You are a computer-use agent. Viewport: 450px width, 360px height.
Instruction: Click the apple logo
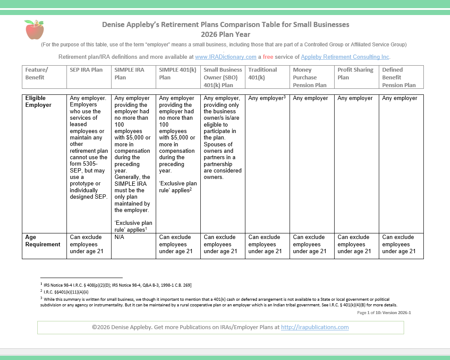tap(35, 30)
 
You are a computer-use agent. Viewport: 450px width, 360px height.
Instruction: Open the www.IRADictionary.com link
tap(226, 57)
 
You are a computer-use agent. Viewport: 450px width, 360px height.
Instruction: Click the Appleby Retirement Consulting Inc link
tap(345, 57)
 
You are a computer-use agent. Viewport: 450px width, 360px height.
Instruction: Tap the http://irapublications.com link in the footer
tap(314, 327)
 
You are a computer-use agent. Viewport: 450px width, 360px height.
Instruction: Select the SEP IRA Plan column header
tap(86, 70)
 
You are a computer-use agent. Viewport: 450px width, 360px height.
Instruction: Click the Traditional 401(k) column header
tap(263, 73)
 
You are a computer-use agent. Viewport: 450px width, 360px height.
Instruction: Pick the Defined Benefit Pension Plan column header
tap(399, 77)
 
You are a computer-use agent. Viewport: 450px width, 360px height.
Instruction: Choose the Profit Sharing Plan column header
tap(355, 73)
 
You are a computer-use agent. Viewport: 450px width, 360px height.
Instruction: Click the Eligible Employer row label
tap(39, 102)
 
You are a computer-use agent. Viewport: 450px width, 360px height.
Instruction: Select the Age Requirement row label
tap(43, 241)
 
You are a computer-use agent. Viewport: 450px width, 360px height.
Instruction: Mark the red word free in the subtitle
tap(268, 57)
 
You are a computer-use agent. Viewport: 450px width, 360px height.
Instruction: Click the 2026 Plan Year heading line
tap(225, 34)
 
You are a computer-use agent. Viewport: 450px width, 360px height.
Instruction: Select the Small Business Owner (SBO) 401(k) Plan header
tap(223, 77)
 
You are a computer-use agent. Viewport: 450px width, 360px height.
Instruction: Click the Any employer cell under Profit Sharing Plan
tap(355, 98)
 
